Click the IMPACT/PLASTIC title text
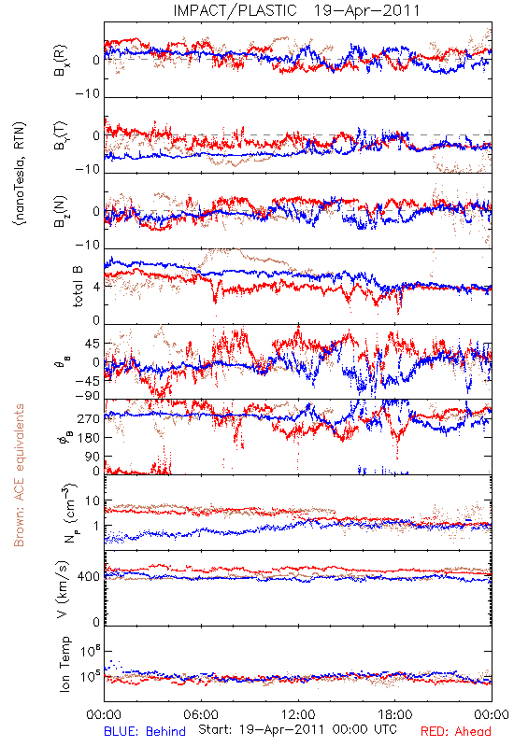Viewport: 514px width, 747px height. pyautogui.click(x=235, y=10)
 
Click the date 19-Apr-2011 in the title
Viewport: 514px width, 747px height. pyautogui.click(x=366, y=10)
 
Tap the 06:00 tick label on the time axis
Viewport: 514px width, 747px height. pyautogui.click(x=201, y=714)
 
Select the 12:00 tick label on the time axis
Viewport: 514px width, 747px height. pyautogui.click(x=298, y=714)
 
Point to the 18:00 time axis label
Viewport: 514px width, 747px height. pyautogui.click(x=394, y=714)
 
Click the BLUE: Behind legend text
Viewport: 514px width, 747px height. pyautogui.click(x=145, y=731)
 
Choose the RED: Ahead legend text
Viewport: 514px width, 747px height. pyautogui.click(x=456, y=731)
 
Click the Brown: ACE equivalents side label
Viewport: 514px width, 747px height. pyautogui.click(x=19, y=475)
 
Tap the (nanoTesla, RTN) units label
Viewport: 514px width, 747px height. pyautogui.click(x=21, y=174)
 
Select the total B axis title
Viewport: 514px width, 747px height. pyautogui.click(x=78, y=287)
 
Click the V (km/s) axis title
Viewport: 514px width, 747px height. pyautogui.click(x=63, y=589)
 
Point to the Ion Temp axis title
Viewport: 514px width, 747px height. pyautogui.click(x=64, y=664)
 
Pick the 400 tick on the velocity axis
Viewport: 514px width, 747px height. pyautogui.click(x=89, y=577)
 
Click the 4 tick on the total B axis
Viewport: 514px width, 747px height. pyautogui.click(x=96, y=288)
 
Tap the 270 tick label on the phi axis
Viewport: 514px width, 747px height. pyautogui.click(x=89, y=418)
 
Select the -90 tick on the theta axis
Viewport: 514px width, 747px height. pyautogui.click(x=88, y=396)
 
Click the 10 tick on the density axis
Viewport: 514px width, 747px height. pyautogui.click(x=93, y=501)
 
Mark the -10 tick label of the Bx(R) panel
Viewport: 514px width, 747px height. pyautogui.click(x=88, y=93)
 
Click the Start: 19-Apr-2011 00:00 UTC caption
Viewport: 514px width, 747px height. pyautogui.click(x=297, y=729)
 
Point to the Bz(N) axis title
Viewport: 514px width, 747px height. pyautogui.click(x=61, y=211)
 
